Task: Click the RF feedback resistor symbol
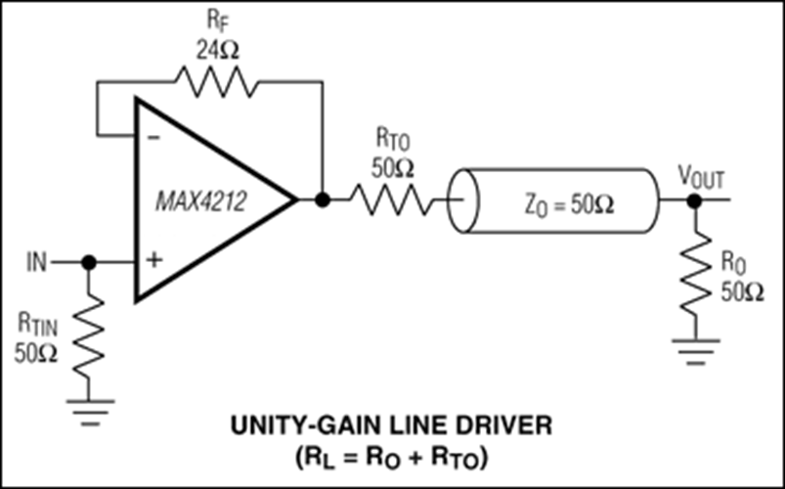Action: [x=216, y=82]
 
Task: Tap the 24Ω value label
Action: [x=217, y=51]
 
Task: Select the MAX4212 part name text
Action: [x=200, y=201]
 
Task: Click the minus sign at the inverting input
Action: [x=155, y=137]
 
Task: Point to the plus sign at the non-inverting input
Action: [x=155, y=260]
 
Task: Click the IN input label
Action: [x=36, y=262]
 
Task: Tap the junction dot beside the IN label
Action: [x=89, y=262]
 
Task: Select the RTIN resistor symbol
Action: [x=89, y=336]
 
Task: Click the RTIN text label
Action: [x=37, y=326]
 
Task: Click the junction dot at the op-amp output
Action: [x=323, y=200]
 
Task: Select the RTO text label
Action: [x=393, y=141]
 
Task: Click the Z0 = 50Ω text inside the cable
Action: [x=569, y=205]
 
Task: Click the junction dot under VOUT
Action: [x=694, y=200]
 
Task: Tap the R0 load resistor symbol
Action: [x=695, y=274]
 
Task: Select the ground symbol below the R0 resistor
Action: [x=695, y=352]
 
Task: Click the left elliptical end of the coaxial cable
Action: [x=463, y=200]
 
